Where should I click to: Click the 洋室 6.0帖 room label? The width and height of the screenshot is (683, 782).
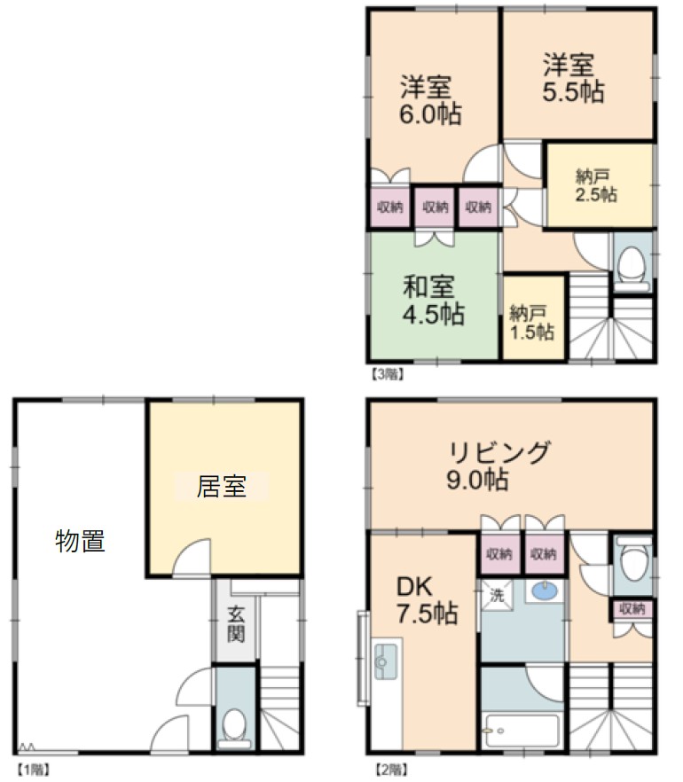pyautogui.click(x=430, y=100)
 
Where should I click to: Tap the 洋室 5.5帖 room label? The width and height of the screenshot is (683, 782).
pyautogui.click(x=573, y=78)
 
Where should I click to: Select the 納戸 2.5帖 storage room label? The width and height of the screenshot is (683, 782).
pyautogui.click(x=596, y=185)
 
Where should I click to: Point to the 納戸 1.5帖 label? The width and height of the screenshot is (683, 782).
pyautogui.click(x=532, y=323)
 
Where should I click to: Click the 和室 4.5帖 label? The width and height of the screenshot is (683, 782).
pyautogui.click(x=433, y=300)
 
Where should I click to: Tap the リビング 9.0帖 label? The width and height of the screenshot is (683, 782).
pyautogui.click(x=498, y=465)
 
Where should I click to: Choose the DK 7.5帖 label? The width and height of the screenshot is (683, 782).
pyautogui.click(x=427, y=600)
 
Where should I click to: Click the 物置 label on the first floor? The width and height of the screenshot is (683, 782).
pyautogui.click(x=80, y=541)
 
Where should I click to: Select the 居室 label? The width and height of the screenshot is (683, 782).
pyautogui.click(x=222, y=486)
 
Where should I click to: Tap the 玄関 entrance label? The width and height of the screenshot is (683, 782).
pyautogui.click(x=236, y=623)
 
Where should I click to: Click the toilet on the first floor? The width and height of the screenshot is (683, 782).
pyautogui.click(x=234, y=729)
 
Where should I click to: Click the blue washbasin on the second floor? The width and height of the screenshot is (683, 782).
pyautogui.click(x=546, y=591)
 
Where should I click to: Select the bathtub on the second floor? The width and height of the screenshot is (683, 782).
pyautogui.click(x=522, y=731)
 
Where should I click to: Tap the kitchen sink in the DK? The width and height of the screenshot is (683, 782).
pyautogui.click(x=385, y=661)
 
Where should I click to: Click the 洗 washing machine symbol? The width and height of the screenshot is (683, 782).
pyautogui.click(x=496, y=595)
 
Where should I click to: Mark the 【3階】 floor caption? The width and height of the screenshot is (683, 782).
pyautogui.click(x=387, y=374)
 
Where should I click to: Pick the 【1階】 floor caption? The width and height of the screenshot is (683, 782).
pyautogui.click(x=34, y=770)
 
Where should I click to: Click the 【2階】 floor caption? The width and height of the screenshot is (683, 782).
pyautogui.click(x=392, y=770)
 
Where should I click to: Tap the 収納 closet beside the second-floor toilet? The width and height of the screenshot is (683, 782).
pyautogui.click(x=632, y=608)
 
